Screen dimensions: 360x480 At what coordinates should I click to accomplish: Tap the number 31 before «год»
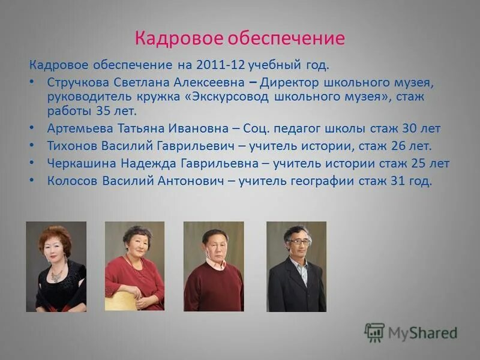point(395,181)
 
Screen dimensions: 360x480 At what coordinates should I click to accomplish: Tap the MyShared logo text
point(422,333)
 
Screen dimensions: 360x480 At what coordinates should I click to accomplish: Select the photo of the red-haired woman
point(56,266)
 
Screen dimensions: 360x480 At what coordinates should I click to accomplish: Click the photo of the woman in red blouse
point(134,266)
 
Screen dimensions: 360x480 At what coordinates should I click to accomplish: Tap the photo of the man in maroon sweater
point(214,266)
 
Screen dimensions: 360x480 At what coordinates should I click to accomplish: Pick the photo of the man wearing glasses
point(296,266)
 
